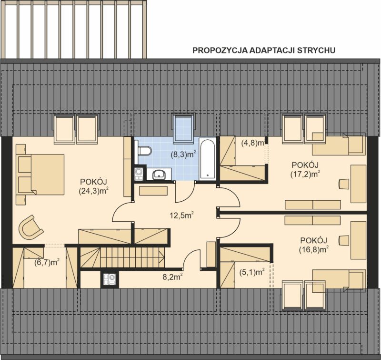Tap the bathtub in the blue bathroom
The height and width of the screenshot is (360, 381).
coord(207,159)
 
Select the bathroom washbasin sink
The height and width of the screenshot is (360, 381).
coord(159,174)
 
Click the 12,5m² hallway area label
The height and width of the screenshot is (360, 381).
coord(181,215)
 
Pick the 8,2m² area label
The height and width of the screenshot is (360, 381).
coord(172,277)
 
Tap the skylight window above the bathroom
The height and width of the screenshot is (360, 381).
coord(183,128)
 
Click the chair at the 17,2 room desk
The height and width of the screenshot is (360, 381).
coord(344,184)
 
